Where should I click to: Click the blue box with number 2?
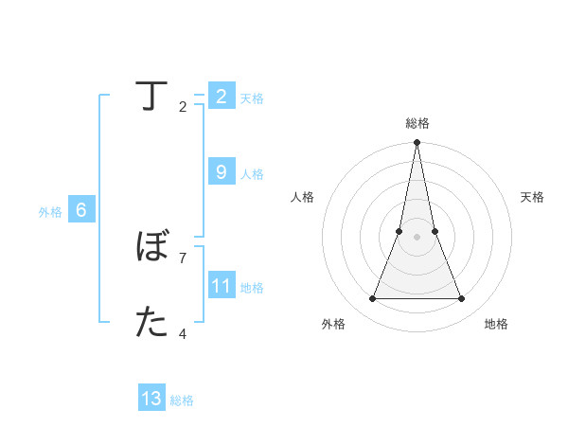tap(221, 97)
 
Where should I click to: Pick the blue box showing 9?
tap(221, 171)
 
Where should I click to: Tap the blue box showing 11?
tap(221, 285)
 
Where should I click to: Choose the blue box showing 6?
tap(81, 210)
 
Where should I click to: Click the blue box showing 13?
tap(151, 399)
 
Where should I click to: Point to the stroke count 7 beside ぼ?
tap(183, 258)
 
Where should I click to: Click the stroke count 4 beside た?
tap(183, 333)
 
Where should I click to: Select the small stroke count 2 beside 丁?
tap(183, 106)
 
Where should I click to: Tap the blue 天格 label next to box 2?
tap(252, 98)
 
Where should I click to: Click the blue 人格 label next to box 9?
tap(252, 174)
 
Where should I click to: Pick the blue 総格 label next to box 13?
tap(182, 400)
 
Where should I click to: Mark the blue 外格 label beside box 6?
tap(50, 213)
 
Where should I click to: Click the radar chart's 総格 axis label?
tap(417, 123)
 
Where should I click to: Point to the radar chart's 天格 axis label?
tap(533, 197)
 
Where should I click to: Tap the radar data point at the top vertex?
tap(417, 143)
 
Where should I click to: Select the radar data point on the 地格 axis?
tap(461, 299)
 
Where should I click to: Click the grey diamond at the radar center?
tap(417, 237)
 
